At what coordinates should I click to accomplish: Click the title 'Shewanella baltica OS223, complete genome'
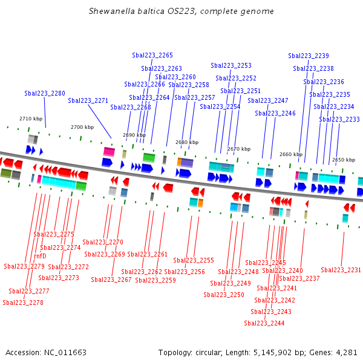pos(181,11)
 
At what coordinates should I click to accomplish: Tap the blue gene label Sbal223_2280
pos(45,93)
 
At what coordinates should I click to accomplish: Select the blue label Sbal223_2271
pos(88,100)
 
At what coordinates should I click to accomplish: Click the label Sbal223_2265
pos(152,55)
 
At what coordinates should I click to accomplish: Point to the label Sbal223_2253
pos(231,65)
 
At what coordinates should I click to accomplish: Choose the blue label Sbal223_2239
pos(309,56)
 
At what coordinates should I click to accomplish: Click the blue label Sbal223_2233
pos(339,119)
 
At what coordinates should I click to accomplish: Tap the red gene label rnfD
pos(40,256)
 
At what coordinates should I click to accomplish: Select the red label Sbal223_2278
pos(23,302)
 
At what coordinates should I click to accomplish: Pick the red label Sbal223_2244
pos(264,323)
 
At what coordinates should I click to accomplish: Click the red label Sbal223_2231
pos(341,270)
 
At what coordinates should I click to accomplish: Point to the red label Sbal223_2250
pos(224,295)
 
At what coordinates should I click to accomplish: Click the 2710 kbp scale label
pos(31,119)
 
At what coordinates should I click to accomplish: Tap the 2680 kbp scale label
pos(187,142)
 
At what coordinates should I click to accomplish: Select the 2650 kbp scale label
pos(344,160)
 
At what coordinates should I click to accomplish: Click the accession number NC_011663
pos(65,352)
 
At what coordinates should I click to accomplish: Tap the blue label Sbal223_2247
pos(268,100)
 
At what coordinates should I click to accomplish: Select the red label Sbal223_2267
pos(111,280)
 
